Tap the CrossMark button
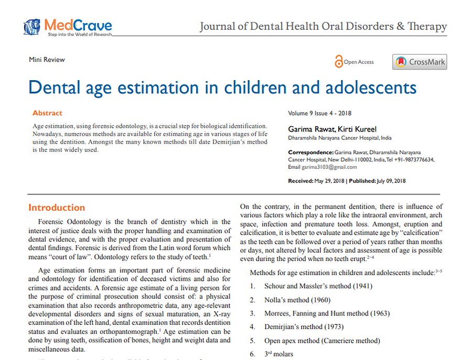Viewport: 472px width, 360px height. (x=420, y=62)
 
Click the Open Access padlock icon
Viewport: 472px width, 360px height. (x=338, y=62)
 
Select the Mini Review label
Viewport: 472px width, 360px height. (x=47, y=60)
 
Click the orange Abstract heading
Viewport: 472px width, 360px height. (x=47, y=113)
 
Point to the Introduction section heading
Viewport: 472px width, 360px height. (x=57, y=208)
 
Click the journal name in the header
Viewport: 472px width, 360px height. (x=323, y=27)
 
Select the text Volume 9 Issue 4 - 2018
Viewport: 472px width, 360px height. (x=319, y=113)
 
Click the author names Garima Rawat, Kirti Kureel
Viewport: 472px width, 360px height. (x=325, y=129)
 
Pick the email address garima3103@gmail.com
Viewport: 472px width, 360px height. (x=329, y=167)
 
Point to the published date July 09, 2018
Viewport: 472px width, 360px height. (x=391, y=181)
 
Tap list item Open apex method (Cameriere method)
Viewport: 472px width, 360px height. (x=322, y=341)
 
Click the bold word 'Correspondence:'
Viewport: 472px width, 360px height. (x=310, y=152)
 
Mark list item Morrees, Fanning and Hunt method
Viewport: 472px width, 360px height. (x=327, y=313)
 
